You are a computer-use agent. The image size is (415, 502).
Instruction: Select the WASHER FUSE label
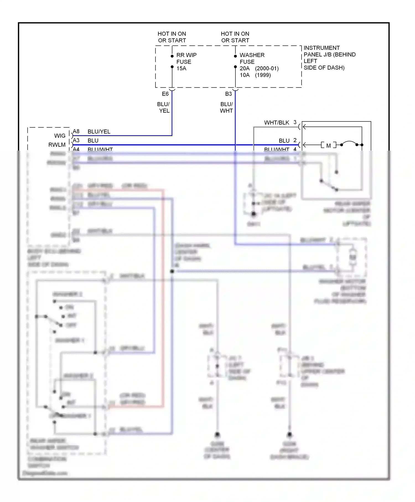tap(252, 58)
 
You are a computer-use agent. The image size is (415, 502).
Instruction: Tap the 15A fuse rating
tap(181, 68)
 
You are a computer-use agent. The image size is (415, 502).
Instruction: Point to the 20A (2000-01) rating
tap(259, 68)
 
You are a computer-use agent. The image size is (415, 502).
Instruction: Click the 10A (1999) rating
tap(255, 75)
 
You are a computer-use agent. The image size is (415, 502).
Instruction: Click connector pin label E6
tap(165, 94)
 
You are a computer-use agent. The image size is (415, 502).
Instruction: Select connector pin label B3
tap(228, 94)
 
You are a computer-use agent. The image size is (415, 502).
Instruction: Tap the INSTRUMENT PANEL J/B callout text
tap(329, 58)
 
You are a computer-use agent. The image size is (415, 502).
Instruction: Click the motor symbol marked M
tap(328, 145)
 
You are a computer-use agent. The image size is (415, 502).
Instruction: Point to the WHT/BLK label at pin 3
tap(276, 123)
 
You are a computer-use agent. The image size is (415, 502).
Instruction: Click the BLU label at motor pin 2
tap(284, 141)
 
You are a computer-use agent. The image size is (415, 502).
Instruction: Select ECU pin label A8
tap(76, 131)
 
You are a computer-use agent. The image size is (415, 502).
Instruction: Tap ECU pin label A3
tap(76, 140)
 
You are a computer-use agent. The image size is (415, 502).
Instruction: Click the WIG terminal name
tap(60, 136)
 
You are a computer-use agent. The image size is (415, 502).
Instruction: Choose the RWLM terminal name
tap(57, 145)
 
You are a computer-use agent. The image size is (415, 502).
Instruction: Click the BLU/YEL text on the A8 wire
tap(99, 132)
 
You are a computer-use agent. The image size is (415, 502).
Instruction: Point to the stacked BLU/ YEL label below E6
tap(164, 107)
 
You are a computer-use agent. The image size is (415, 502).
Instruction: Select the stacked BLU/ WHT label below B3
tap(226, 107)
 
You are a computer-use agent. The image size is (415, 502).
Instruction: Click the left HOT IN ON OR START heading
tap(172, 37)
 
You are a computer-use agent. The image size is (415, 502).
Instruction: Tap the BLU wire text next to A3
tap(93, 141)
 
